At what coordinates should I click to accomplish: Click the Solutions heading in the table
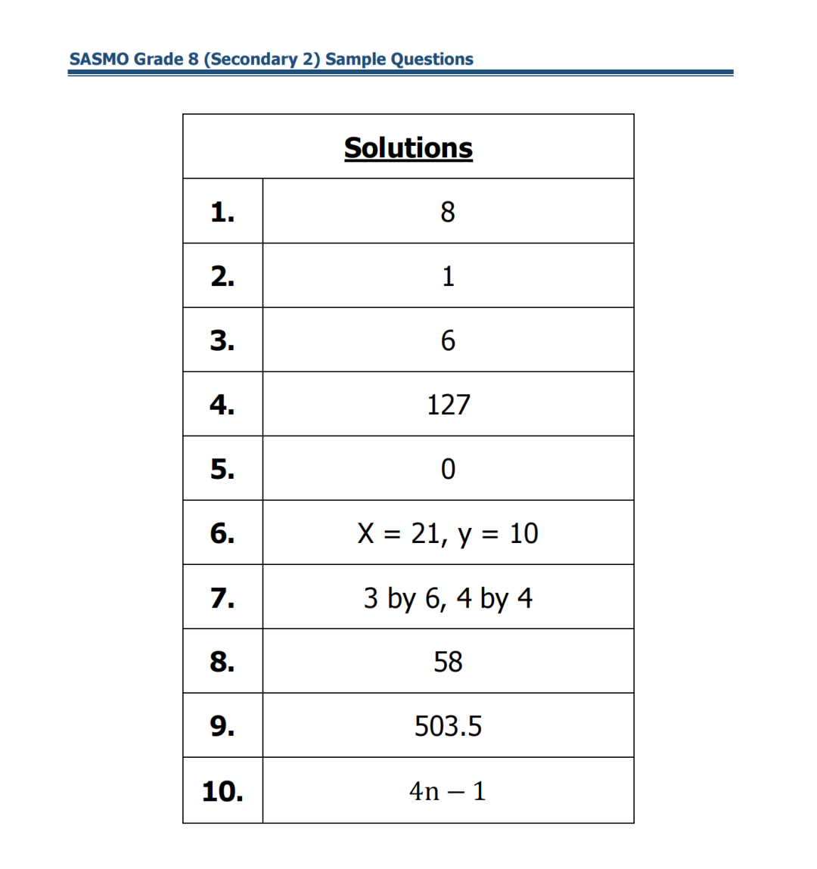tap(408, 147)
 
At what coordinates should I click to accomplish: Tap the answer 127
tap(448, 405)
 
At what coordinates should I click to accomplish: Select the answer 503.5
tap(448, 726)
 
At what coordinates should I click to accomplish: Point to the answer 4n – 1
tap(447, 791)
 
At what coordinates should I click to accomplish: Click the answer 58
tap(448, 662)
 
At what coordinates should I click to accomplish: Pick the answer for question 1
tap(448, 212)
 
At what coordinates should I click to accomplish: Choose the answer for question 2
tap(448, 276)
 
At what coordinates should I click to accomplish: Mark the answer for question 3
tap(448, 340)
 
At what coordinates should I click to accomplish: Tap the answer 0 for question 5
tap(448, 469)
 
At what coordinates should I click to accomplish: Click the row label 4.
tap(222, 405)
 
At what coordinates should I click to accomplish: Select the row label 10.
tap(222, 791)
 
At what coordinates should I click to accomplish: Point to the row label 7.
tap(222, 597)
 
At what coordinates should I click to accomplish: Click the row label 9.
tap(222, 726)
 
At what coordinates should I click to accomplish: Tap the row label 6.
tap(222, 533)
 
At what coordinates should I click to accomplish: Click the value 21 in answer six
tap(425, 533)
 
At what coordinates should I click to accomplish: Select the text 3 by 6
tap(404, 598)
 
